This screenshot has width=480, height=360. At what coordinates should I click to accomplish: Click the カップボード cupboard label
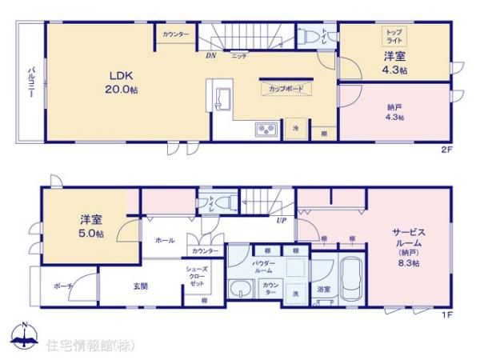click(x=286, y=89)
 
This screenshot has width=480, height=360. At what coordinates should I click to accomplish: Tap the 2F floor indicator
click(x=447, y=149)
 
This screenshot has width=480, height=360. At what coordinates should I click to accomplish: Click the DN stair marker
click(x=210, y=56)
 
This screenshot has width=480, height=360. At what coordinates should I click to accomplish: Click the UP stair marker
click(x=282, y=221)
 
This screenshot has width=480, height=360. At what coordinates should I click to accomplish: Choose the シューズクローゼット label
click(x=196, y=278)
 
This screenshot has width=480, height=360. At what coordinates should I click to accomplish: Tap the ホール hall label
click(x=165, y=239)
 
